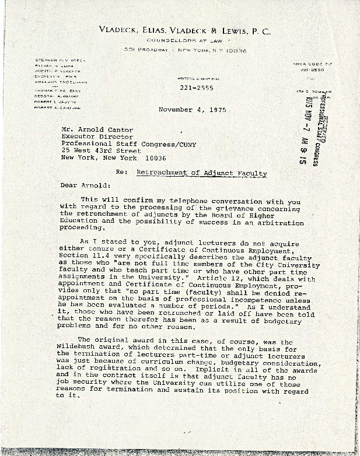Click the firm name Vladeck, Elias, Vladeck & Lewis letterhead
click(x=184, y=31)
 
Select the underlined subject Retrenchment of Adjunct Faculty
click(x=201, y=173)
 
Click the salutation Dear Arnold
click(x=85, y=185)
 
